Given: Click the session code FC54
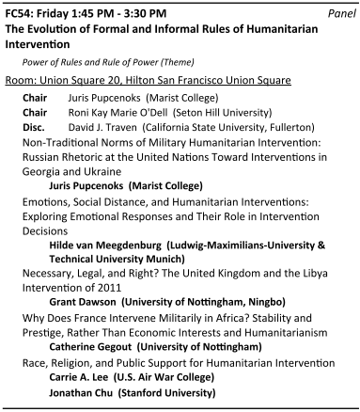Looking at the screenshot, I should [21, 14].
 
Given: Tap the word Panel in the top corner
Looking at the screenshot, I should [337, 14].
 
